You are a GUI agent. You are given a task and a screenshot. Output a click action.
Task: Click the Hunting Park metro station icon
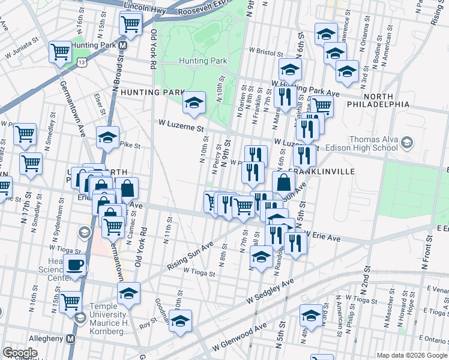pyautogui.click(x=122, y=46)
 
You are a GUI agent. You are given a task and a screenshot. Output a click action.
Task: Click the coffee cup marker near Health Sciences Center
pyautogui.click(x=75, y=265)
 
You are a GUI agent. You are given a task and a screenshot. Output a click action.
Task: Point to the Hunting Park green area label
pyautogui.click(x=203, y=61)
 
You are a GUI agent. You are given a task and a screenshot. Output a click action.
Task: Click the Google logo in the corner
pyautogui.click(x=20, y=353)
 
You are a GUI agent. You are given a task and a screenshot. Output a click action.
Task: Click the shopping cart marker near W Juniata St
pyautogui.click(x=60, y=52)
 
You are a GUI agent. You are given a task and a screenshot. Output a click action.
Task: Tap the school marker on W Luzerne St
pyautogui.click(x=194, y=103)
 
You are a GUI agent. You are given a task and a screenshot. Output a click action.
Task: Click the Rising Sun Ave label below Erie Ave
pyautogui.click(x=191, y=256)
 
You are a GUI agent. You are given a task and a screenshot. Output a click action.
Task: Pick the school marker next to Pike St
pyautogui.click(x=108, y=138)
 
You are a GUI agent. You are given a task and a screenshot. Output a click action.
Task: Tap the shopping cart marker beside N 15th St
pyautogui.click(x=71, y=302)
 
